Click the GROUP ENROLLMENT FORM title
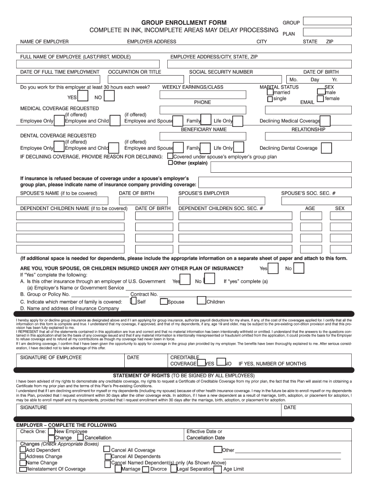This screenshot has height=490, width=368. [184, 22]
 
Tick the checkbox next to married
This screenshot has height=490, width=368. [270, 92]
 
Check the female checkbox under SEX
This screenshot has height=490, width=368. [320, 99]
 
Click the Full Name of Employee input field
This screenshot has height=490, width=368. [88, 64]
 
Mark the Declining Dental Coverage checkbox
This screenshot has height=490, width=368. [326, 148]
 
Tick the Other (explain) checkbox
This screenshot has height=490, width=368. [170, 163]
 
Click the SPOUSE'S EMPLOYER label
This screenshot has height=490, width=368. [204, 193]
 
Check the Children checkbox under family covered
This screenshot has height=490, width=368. [204, 301]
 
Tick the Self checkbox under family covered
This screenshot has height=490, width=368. [133, 301]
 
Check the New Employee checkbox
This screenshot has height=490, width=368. [51, 431]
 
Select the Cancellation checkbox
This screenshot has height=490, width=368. [80, 437]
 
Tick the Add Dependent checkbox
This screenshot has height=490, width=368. [22, 450]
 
